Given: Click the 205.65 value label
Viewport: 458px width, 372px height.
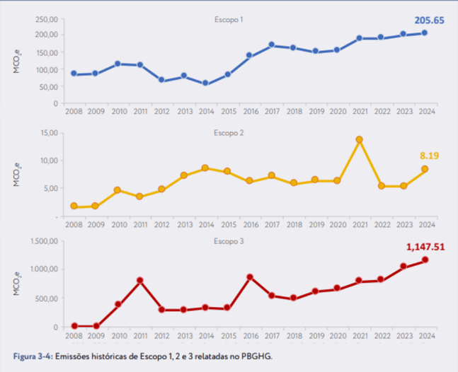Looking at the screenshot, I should click(x=429, y=21).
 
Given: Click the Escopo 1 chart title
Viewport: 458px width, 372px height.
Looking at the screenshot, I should click(x=229, y=19).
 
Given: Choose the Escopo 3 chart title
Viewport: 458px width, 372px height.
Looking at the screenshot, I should click(x=229, y=241).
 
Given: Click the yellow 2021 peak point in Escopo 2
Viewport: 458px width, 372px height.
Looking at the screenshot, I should click(x=359, y=140).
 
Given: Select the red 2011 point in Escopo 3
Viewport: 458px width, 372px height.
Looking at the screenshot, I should click(x=139, y=281).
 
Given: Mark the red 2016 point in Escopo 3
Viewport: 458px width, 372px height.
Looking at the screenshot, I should click(x=249, y=277).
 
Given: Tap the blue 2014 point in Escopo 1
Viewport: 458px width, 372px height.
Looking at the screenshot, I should click(x=205, y=83).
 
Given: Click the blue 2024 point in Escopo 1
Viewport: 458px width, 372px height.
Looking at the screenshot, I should click(x=425, y=33).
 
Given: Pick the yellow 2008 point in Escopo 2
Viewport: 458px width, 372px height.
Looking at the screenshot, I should click(x=74, y=207).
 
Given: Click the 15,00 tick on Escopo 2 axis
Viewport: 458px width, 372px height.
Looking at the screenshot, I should click(x=47, y=132).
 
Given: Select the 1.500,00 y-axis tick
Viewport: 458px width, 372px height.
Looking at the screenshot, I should click(x=43, y=241).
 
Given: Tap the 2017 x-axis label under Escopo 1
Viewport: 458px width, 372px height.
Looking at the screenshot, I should click(x=271, y=112).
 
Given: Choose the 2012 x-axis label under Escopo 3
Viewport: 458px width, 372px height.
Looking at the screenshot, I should click(x=161, y=335).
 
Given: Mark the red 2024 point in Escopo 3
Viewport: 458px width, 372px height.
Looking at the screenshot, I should click(x=425, y=260).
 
